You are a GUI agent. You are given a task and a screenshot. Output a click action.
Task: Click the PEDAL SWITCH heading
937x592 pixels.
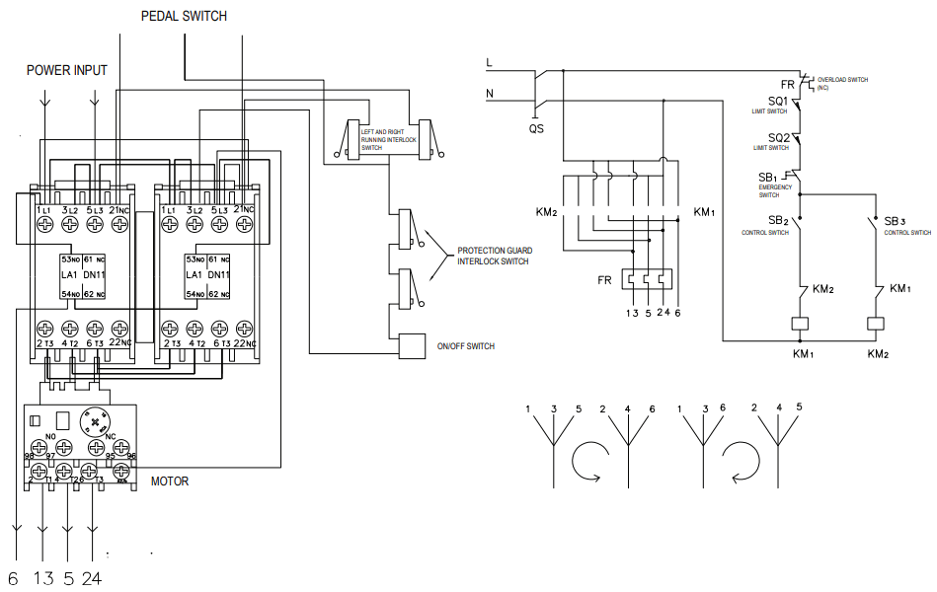click(184, 16)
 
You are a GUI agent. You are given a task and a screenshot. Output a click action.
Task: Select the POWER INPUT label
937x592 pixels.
click(66, 70)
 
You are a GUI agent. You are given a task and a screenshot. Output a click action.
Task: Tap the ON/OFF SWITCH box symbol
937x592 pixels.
click(410, 346)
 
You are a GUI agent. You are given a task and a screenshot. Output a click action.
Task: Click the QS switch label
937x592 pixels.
click(536, 128)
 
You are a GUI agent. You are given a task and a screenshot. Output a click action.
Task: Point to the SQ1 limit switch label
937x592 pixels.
click(778, 102)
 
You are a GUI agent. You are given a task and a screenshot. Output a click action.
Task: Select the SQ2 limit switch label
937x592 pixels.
click(778, 138)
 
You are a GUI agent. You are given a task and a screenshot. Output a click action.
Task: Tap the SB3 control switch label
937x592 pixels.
click(895, 221)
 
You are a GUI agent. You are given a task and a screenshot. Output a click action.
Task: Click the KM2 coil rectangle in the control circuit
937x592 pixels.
click(874, 324)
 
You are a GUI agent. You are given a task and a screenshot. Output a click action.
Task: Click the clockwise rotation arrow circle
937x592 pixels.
click(591, 460)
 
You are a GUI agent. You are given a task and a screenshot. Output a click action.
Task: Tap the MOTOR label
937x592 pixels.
click(169, 481)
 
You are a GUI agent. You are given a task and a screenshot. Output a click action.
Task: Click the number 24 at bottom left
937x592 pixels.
click(91, 578)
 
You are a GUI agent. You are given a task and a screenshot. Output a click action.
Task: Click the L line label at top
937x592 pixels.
click(489, 63)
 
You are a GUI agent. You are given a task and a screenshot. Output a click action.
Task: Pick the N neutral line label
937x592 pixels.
click(489, 94)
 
